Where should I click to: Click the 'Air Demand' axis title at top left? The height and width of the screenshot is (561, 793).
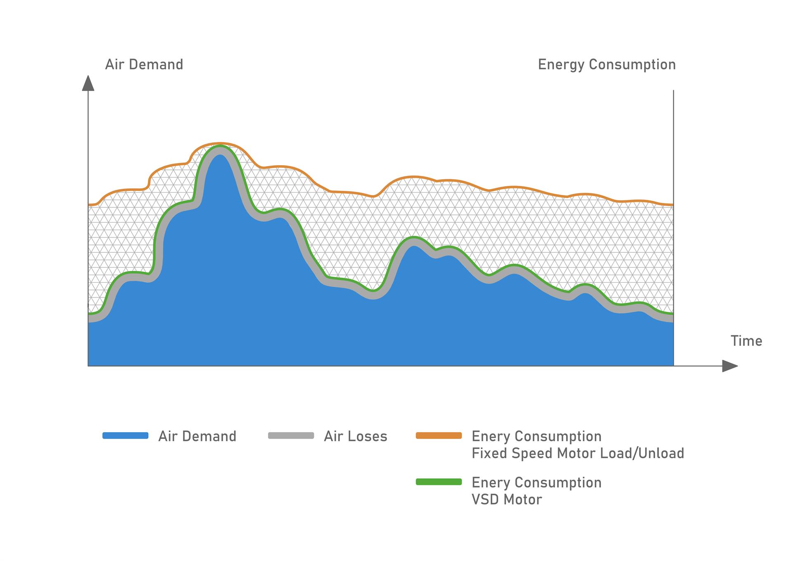pyautogui.click(x=144, y=64)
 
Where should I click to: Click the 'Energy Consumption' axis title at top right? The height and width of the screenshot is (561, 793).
pyautogui.click(x=606, y=64)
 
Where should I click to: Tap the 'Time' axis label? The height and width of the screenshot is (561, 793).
pyautogui.click(x=746, y=341)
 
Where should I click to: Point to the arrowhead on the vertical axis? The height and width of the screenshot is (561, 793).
pyautogui.click(x=88, y=83)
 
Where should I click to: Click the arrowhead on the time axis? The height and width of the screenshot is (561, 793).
pyautogui.click(x=729, y=366)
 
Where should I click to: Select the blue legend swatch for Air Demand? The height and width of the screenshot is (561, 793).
pyautogui.click(x=125, y=435)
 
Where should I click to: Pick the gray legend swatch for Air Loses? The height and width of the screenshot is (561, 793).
pyautogui.click(x=291, y=435)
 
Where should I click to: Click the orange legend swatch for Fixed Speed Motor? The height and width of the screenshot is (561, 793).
pyautogui.click(x=439, y=435)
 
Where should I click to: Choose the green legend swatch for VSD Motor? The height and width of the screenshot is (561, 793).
pyautogui.click(x=439, y=482)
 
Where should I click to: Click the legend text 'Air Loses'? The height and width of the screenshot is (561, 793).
pyautogui.click(x=355, y=436)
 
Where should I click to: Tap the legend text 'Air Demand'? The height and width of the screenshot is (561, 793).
pyautogui.click(x=197, y=436)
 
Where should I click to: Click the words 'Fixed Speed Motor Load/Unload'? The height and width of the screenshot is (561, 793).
pyautogui.click(x=577, y=453)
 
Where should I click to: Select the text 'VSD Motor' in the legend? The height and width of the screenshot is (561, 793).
pyautogui.click(x=506, y=499)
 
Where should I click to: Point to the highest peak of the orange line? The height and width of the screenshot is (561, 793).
pyautogui.click(x=219, y=143)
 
